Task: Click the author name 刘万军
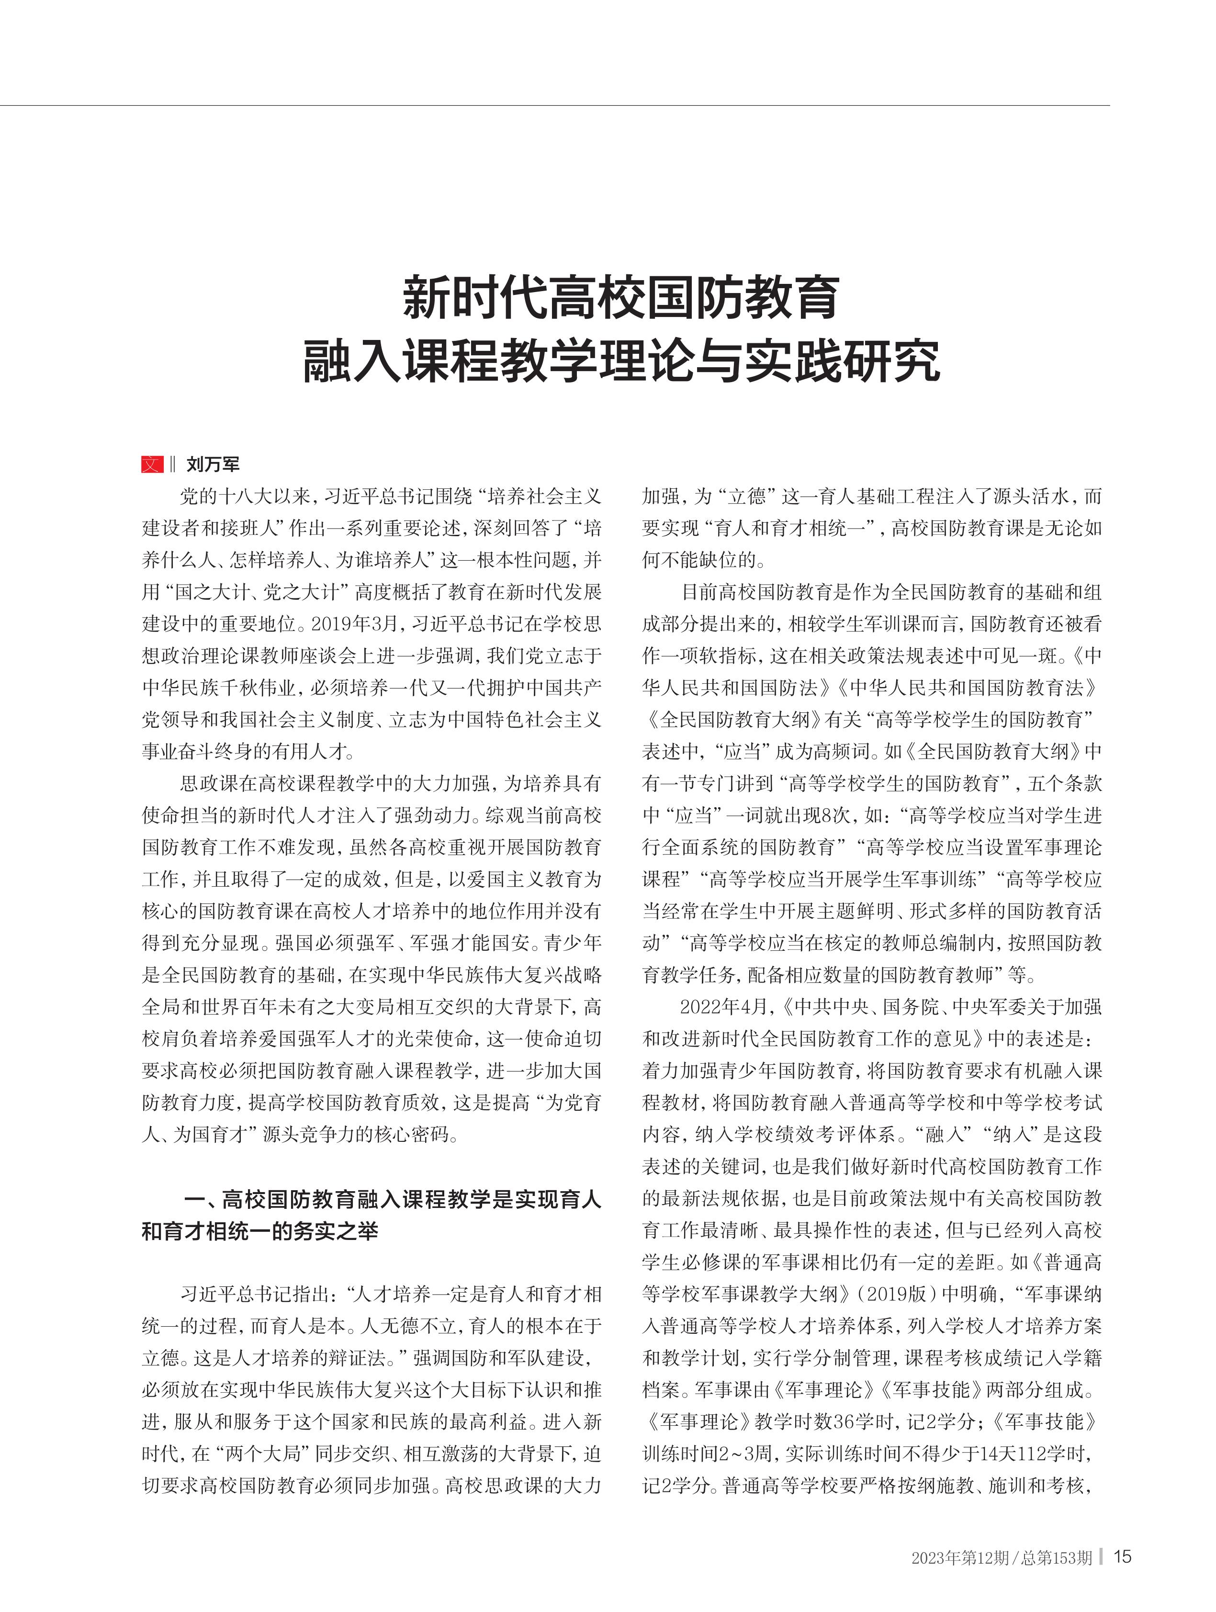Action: (x=213, y=464)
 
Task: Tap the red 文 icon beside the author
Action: (x=152, y=464)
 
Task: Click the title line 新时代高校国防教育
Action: (x=621, y=297)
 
